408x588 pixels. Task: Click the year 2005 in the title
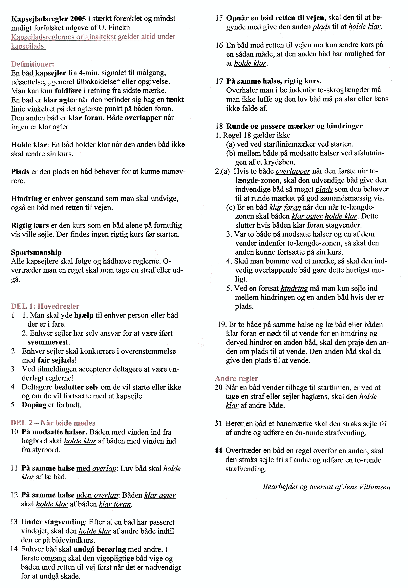pyautogui.click(x=78, y=19)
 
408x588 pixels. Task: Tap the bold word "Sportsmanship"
pyautogui.click(x=36, y=252)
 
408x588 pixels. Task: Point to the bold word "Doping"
pyautogui.click(x=34, y=405)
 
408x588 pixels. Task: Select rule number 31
pyautogui.click(x=218, y=423)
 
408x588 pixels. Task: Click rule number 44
pyautogui.click(x=218, y=450)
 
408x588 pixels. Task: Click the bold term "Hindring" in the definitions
pyautogui.click(x=26, y=198)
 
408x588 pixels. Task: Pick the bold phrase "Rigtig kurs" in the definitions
pyautogui.click(x=30, y=225)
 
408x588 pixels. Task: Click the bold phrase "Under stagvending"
pyautogui.click(x=53, y=522)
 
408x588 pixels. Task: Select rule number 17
pyautogui.click(x=219, y=81)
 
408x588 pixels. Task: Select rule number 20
pyautogui.click(x=218, y=387)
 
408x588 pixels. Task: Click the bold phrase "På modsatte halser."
pyautogui.click(x=54, y=432)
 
